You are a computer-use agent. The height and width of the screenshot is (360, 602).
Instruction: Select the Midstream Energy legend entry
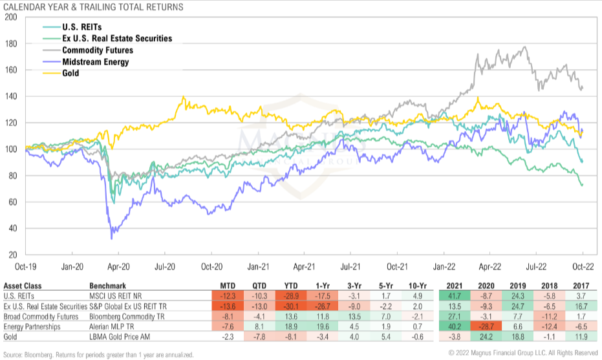click(x=95, y=62)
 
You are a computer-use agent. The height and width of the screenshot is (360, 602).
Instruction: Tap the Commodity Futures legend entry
click(x=98, y=50)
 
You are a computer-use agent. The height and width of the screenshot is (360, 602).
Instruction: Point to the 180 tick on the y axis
click(x=10, y=44)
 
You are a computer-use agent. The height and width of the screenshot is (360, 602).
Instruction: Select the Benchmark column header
click(x=107, y=285)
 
